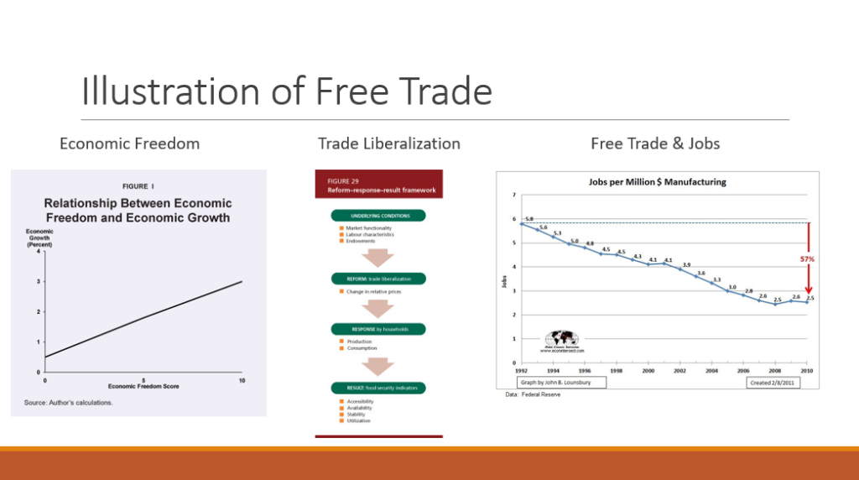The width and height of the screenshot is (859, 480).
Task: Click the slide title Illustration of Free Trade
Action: [286, 91]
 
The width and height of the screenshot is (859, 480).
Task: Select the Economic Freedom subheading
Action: [129, 143]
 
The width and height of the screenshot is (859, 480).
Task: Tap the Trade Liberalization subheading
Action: [389, 143]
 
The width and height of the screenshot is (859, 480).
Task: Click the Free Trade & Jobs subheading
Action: [655, 143]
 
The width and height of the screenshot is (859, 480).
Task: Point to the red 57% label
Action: [806, 259]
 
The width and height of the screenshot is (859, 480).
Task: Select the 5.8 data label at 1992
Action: [528, 218]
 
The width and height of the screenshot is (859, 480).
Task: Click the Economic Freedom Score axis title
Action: [143, 386]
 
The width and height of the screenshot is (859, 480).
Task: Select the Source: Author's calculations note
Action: [68, 403]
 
